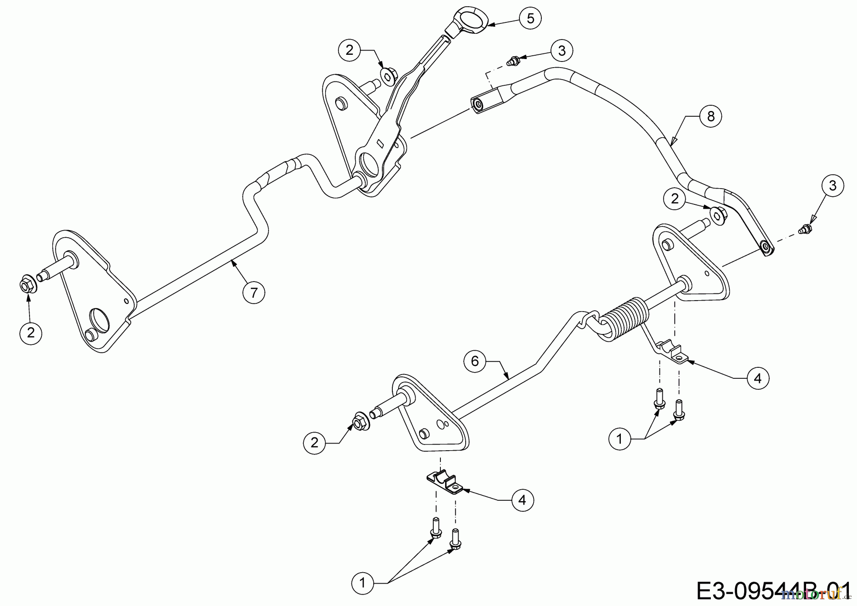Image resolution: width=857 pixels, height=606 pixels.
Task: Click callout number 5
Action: [x=530, y=19]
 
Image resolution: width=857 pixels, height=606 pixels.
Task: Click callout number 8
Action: [x=711, y=116]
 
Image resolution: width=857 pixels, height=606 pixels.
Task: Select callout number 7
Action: [x=254, y=292]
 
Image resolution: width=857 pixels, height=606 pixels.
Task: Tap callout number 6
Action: [x=475, y=361]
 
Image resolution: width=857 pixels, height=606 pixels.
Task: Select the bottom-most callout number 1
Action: [x=362, y=582]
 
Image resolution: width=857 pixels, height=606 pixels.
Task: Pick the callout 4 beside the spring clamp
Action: [x=757, y=378]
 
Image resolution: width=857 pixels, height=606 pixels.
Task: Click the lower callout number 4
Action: [x=522, y=500]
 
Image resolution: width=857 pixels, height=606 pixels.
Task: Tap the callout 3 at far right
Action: [x=832, y=186]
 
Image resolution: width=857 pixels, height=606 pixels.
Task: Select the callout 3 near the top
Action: [x=562, y=50]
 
